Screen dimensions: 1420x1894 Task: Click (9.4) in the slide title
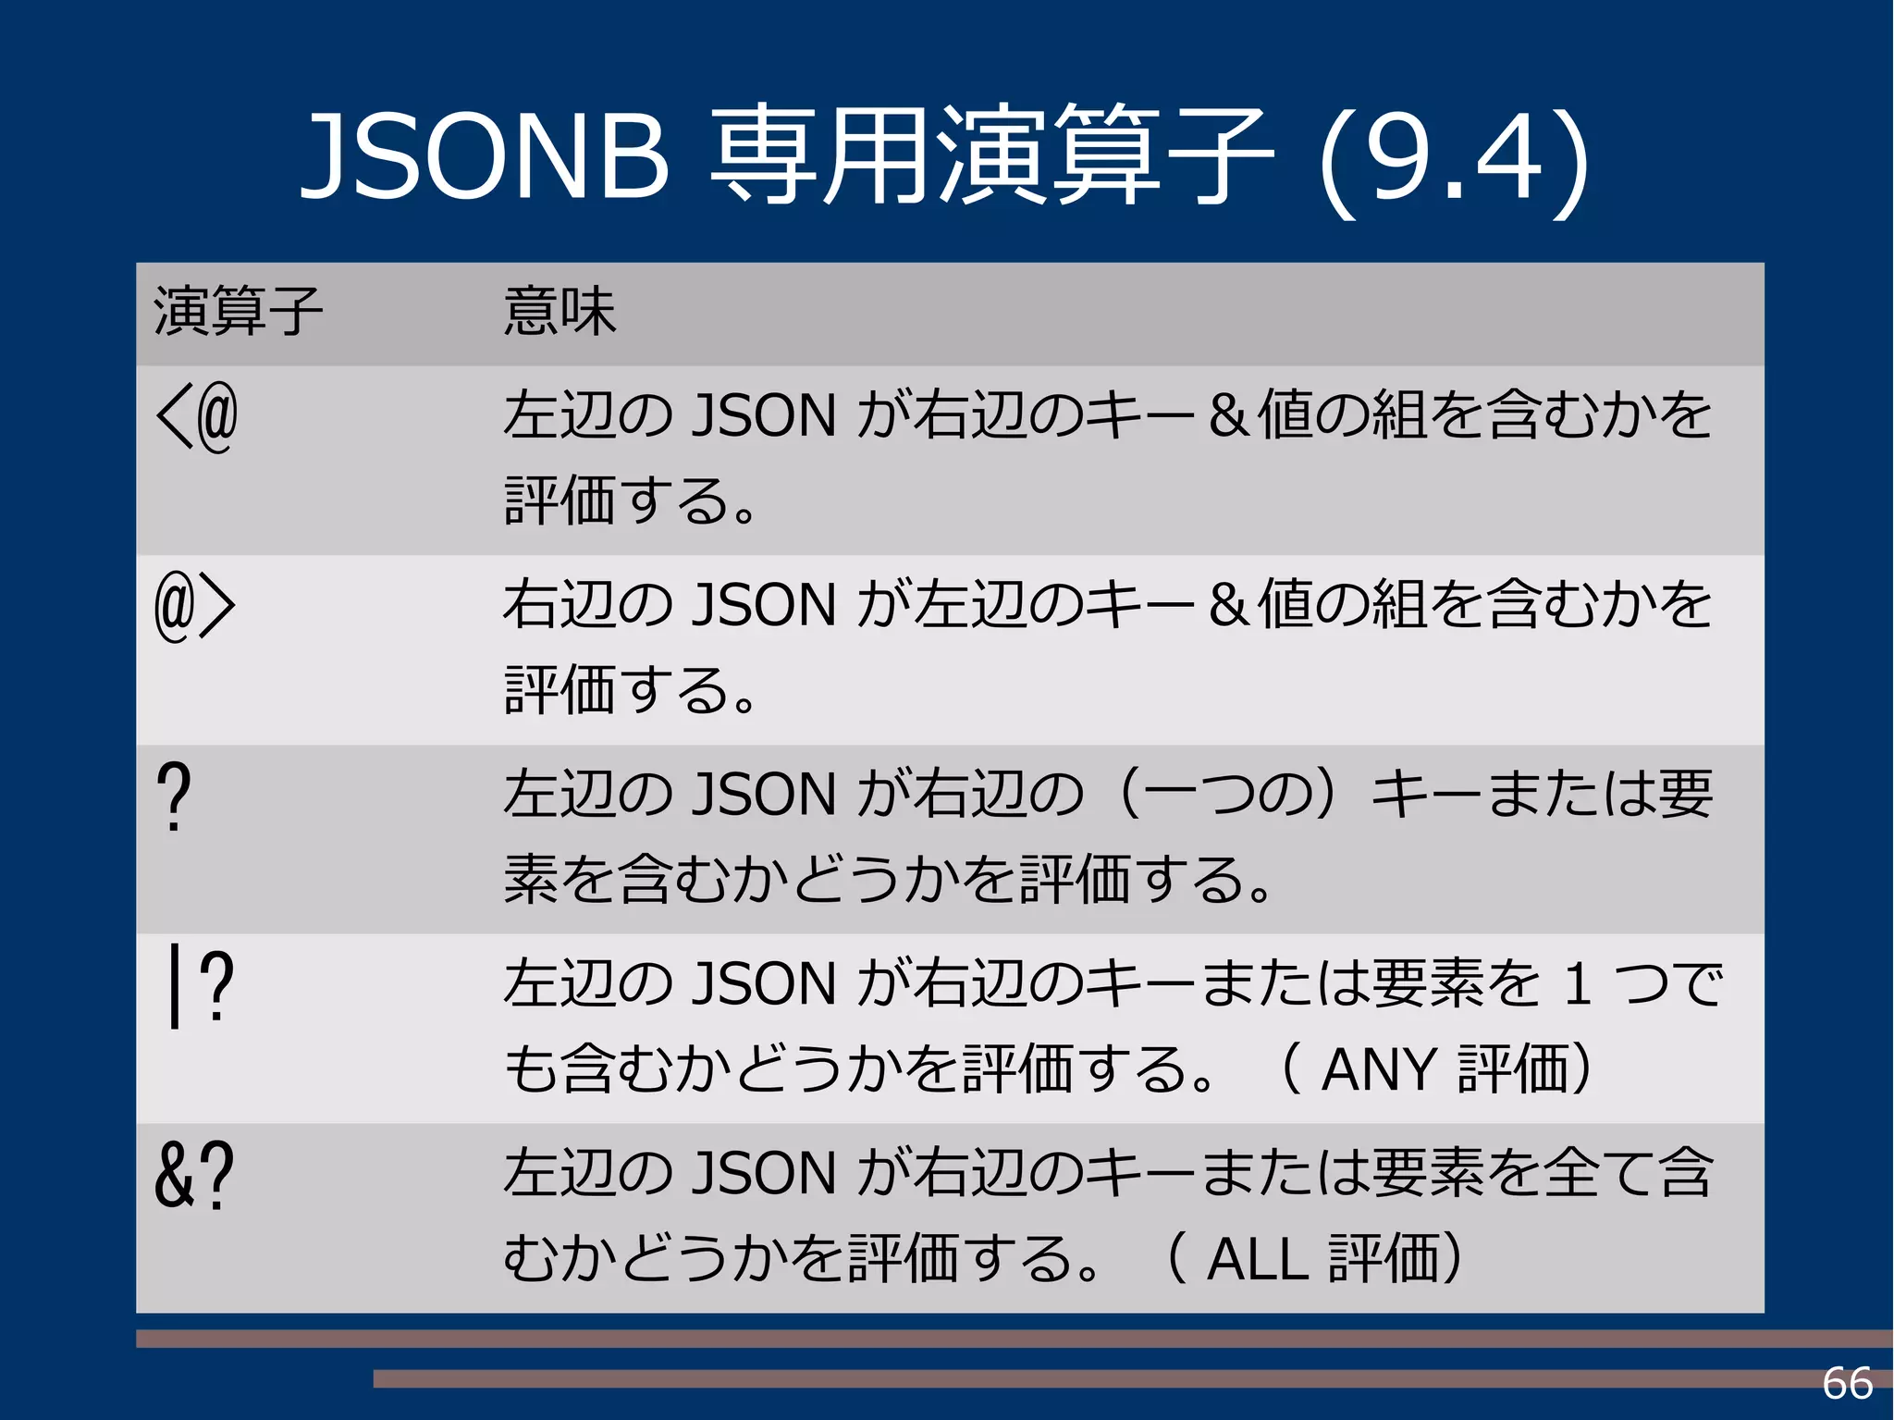click(1455, 159)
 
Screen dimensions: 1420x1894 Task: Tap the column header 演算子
click(238, 312)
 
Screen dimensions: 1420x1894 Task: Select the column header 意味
click(560, 312)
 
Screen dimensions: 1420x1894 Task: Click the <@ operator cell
click(197, 417)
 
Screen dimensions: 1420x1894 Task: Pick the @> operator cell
click(195, 606)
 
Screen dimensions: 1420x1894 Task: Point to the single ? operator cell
click(174, 796)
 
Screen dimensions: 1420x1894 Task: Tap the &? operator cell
click(194, 1175)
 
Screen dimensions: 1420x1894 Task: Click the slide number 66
click(1847, 1384)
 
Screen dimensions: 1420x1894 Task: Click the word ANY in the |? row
click(1379, 1070)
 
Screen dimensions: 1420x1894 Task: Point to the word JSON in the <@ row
click(764, 415)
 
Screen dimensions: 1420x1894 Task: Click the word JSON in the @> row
click(764, 605)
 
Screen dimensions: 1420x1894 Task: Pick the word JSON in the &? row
click(764, 1173)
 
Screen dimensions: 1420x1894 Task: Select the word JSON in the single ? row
click(764, 795)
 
